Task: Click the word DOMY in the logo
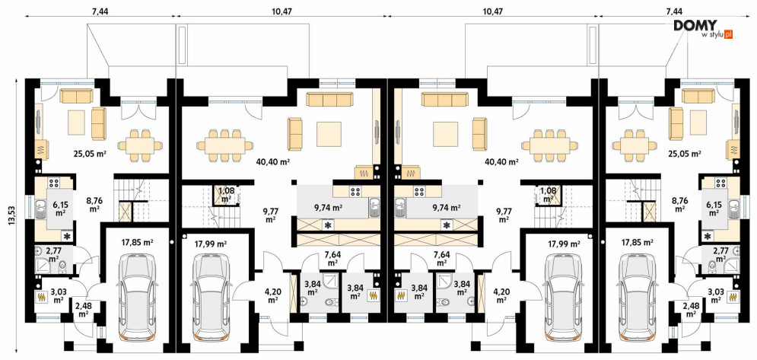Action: point(695,26)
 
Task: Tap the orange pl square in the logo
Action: point(729,34)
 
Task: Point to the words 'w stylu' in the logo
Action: point(713,35)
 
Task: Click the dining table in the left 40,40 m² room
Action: point(224,145)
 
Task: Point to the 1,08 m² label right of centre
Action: point(548,194)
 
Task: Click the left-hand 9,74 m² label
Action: point(328,208)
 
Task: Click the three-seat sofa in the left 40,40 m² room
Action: point(330,99)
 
